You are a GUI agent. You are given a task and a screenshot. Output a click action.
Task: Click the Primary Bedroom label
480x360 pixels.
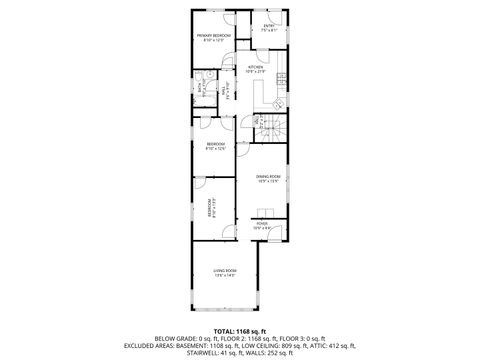click(215, 38)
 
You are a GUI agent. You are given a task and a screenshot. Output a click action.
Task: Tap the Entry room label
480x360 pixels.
click(269, 27)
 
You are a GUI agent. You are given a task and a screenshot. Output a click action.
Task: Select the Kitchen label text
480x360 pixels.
click(255, 69)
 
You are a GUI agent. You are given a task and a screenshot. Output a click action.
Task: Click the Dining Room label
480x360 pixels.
click(267, 179)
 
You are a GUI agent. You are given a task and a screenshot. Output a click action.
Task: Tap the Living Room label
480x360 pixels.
click(225, 273)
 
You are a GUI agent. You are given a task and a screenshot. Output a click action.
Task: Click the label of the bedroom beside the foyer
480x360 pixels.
click(211, 211)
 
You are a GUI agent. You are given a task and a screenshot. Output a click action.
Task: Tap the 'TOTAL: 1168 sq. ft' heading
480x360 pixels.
click(239, 331)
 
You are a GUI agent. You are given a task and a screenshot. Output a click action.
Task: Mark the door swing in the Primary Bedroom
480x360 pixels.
click(228, 20)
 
